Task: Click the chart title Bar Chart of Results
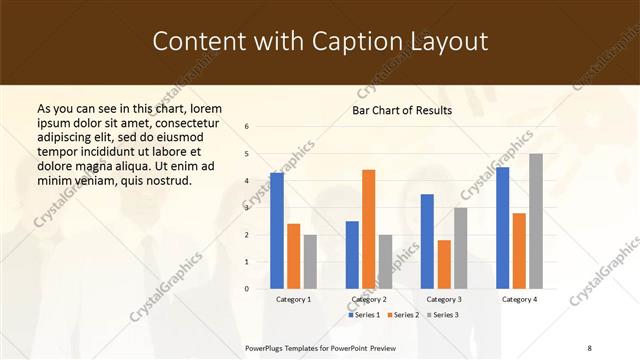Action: click(401, 110)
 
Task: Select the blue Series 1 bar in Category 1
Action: click(277, 231)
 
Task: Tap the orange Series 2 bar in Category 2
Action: click(368, 229)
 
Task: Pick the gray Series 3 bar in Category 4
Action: click(536, 221)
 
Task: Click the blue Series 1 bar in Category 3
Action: click(427, 241)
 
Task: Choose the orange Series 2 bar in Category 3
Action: click(444, 264)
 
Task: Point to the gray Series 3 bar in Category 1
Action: click(310, 261)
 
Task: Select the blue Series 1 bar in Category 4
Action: click(502, 228)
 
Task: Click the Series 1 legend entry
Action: click(366, 315)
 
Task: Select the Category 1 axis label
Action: click(294, 299)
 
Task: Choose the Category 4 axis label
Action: click(519, 299)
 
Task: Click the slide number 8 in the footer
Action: click(589, 347)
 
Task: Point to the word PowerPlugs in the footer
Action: click(266, 347)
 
